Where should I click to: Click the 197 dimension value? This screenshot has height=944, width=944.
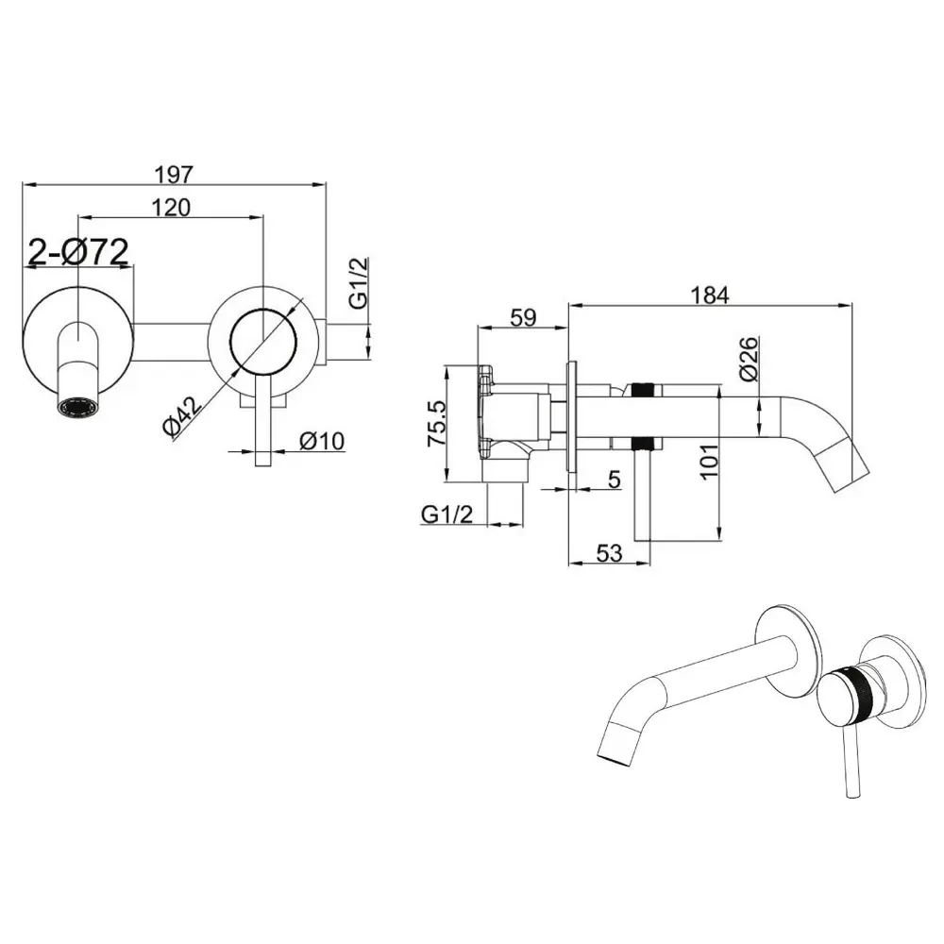(174, 174)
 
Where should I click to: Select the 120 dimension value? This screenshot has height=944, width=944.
(171, 207)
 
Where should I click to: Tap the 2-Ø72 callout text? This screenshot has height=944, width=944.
(79, 252)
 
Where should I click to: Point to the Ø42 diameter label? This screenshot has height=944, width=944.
(182, 415)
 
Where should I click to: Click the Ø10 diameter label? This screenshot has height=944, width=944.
(322, 441)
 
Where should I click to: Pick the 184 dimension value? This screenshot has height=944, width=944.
(710, 295)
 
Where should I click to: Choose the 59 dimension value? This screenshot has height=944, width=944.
(523, 317)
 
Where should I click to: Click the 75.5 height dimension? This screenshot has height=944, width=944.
(437, 423)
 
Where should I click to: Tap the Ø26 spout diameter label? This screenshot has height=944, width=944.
(749, 359)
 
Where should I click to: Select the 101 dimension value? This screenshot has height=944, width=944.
(709, 462)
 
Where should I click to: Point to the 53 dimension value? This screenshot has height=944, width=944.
(609, 552)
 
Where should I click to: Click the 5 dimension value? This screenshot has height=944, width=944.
(615, 480)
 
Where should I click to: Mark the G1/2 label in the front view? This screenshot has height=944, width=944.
(358, 282)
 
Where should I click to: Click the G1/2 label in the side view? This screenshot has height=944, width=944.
(447, 514)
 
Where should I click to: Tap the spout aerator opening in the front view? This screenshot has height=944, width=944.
(76, 408)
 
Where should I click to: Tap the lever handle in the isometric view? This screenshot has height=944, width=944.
(850, 762)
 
